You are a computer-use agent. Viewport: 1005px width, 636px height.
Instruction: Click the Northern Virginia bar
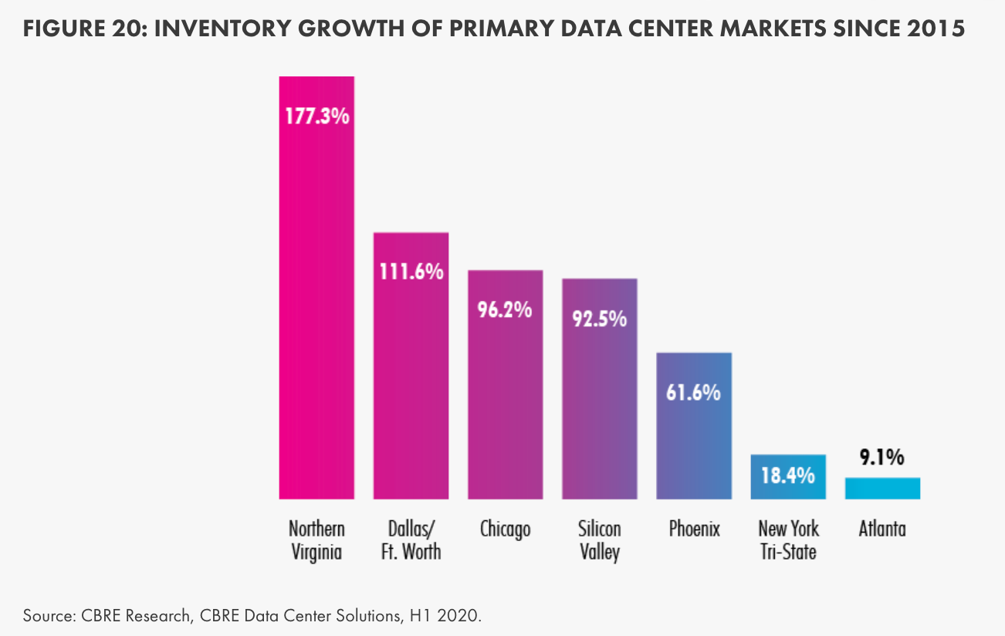[316, 309]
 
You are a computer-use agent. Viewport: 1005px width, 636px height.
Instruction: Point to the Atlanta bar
[882, 488]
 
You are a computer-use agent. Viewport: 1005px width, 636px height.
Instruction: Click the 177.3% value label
[316, 117]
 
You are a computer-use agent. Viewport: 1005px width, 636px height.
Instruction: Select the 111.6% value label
[411, 272]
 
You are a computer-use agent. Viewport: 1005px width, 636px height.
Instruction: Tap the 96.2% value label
[506, 310]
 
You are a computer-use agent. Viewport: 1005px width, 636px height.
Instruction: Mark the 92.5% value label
[600, 318]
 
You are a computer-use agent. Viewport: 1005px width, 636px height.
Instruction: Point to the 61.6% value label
[694, 392]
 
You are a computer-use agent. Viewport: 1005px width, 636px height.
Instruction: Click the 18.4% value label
[788, 475]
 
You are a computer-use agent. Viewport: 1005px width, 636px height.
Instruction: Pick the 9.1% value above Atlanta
[882, 458]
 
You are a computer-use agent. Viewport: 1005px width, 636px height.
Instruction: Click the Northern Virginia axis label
[316, 540]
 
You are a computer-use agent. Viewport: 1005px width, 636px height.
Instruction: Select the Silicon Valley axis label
[600, 540]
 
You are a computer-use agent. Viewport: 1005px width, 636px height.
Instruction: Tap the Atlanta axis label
[882, 529]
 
